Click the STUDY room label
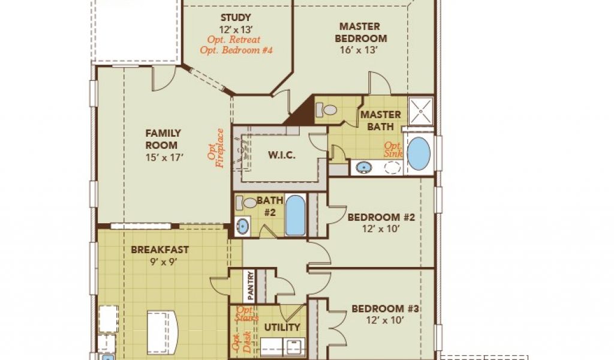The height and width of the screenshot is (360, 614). (x=235, y=17)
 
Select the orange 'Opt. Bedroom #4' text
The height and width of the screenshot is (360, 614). (x=236, y=50)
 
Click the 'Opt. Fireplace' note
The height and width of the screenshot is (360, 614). (x=216, y=148)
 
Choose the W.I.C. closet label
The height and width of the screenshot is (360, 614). (x=282, y=155)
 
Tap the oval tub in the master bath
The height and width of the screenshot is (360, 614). (x=419, y=154)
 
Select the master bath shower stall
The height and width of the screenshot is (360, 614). (x=421, y=112)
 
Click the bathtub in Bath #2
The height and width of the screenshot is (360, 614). (x=295, y=215)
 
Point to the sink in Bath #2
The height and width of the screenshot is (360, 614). (x=242, y=226)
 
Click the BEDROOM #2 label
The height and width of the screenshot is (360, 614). (x=381, y=217)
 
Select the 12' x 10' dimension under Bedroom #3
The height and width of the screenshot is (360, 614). (x=384, y=320)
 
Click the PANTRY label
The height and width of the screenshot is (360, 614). (x=251, y=286)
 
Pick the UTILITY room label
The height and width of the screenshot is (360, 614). (x=282, y=327)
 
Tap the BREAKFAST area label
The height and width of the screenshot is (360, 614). (x=159, y=250)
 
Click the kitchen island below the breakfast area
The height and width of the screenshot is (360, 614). (x=162, y=332)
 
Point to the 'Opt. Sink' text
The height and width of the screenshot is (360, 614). (x=393, y=149)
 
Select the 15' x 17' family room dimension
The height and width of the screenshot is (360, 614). (x=164, y=157)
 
